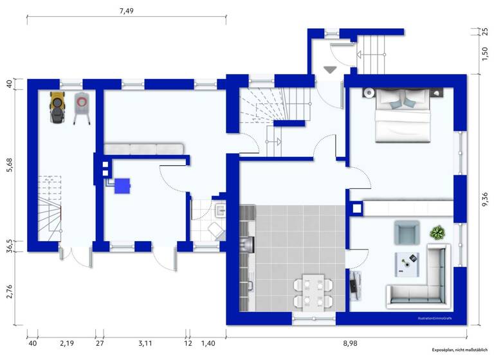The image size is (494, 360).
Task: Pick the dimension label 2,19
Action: click(67, 344)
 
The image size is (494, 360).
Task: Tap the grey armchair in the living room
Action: click(406, 232)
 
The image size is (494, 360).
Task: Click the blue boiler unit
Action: click(122, 185)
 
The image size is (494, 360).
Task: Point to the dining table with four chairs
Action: click(313, 291)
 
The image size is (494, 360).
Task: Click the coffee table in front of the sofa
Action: click(408, 260)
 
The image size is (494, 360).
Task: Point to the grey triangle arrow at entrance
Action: click(331, 69)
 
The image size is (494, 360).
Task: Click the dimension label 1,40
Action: click(208, 344)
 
